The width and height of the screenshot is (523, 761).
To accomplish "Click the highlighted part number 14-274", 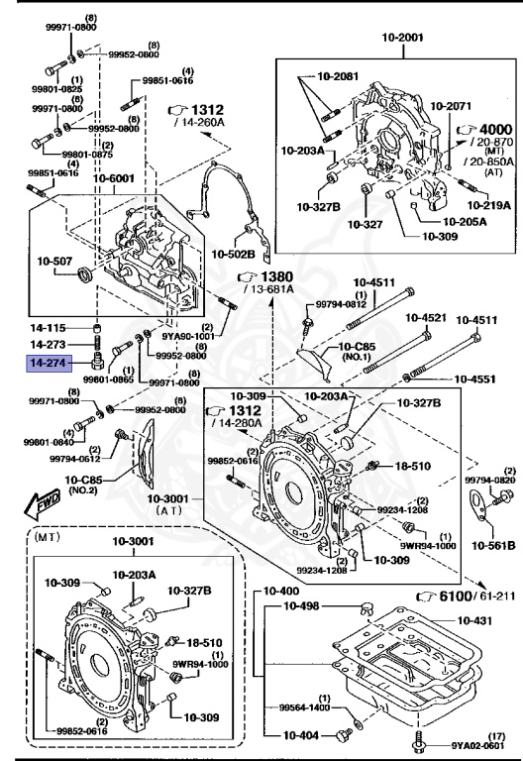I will coord(48,365).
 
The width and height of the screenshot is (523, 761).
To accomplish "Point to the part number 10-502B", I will coord(235,255).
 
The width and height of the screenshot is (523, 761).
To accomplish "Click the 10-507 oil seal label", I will coord(57,263).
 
